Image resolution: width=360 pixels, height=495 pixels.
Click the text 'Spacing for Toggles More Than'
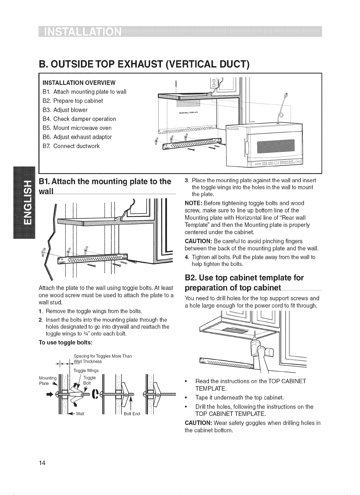click(102, 356)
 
